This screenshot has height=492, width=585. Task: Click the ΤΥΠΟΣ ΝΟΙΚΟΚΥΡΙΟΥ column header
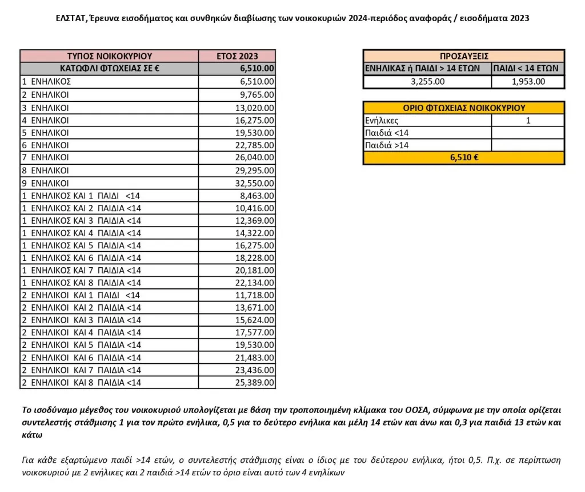109,56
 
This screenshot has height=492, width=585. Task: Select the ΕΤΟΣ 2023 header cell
237,56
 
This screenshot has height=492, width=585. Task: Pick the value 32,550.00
255,183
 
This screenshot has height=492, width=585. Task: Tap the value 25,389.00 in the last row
255,382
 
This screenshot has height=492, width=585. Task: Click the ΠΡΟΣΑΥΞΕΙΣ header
463,56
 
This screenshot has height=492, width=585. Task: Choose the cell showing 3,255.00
428,81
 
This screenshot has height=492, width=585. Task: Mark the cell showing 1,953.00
527,81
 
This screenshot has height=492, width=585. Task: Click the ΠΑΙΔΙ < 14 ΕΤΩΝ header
527,69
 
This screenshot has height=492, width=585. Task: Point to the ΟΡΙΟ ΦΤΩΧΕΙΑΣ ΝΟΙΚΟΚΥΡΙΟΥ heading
463,108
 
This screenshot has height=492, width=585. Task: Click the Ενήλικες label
381,120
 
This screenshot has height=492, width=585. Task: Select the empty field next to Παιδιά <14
528,133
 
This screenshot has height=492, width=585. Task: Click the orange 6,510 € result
463,158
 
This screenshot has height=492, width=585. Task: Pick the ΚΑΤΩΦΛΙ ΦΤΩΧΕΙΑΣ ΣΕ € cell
109,69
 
